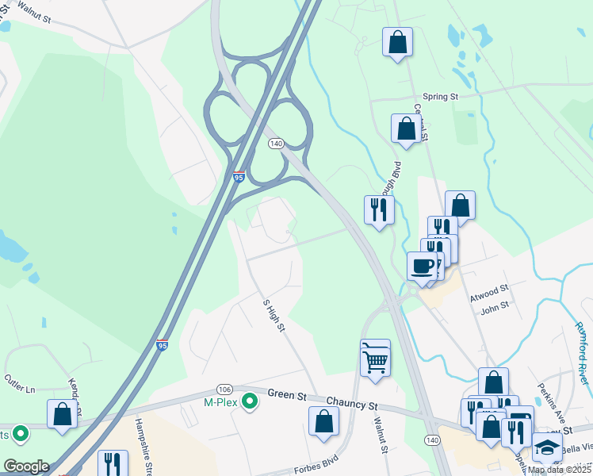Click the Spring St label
click(441, 97)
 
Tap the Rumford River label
click(582, 352)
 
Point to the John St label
click(494, 308)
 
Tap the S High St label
click(274, 316)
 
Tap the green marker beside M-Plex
click(251, 403)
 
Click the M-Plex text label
click(222, 403)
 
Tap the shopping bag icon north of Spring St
click(397, 41)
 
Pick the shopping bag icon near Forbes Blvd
click(323, 420)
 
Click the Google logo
click(26, 466)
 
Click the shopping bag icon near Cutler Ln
click(62, 413)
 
